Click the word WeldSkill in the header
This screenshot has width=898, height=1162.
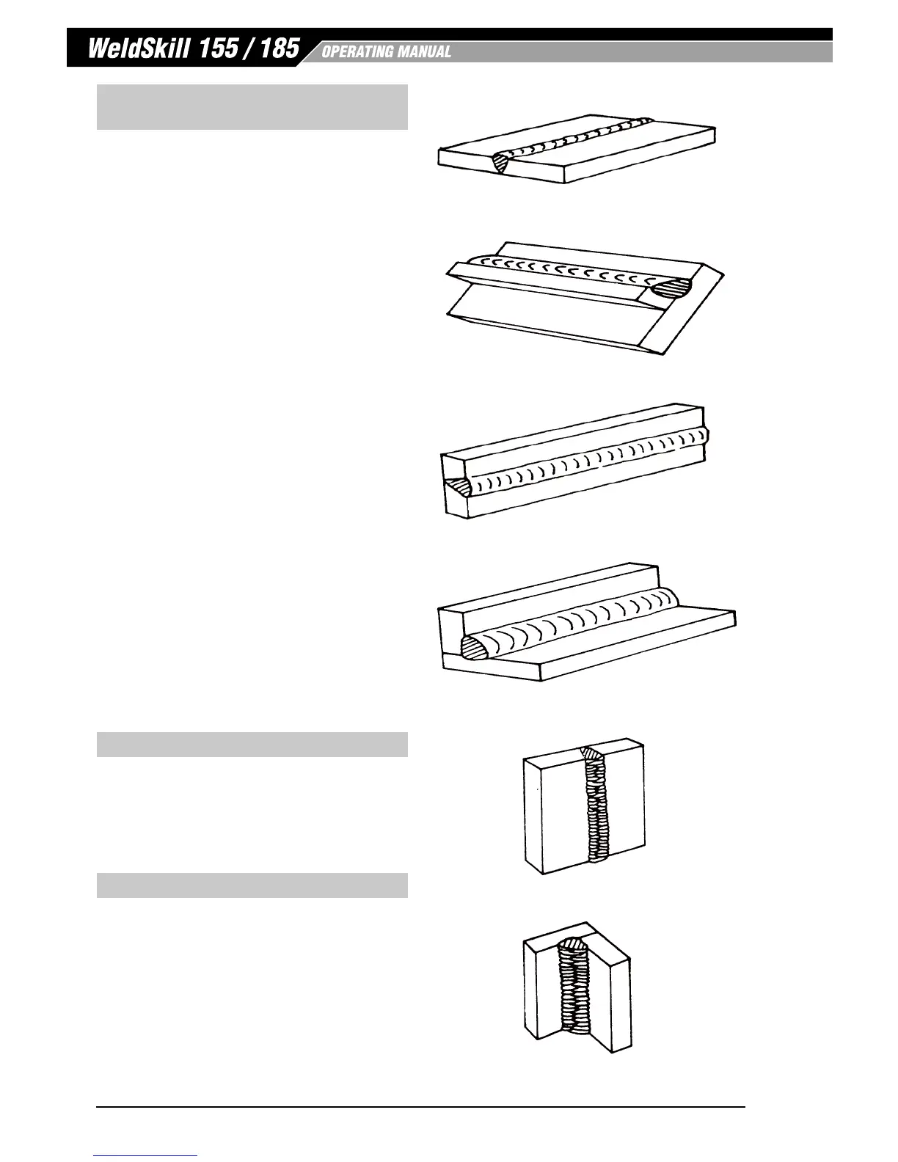(x=136, y=49)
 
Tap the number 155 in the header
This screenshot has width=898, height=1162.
(x=219, y=49)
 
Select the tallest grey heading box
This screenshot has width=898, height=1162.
(x=252, y=107)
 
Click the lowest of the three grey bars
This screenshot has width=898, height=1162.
(x=252, y=885)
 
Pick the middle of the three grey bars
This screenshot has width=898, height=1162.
(x=252, y=745)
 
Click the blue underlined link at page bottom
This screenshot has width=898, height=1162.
(x=146, y=1155)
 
